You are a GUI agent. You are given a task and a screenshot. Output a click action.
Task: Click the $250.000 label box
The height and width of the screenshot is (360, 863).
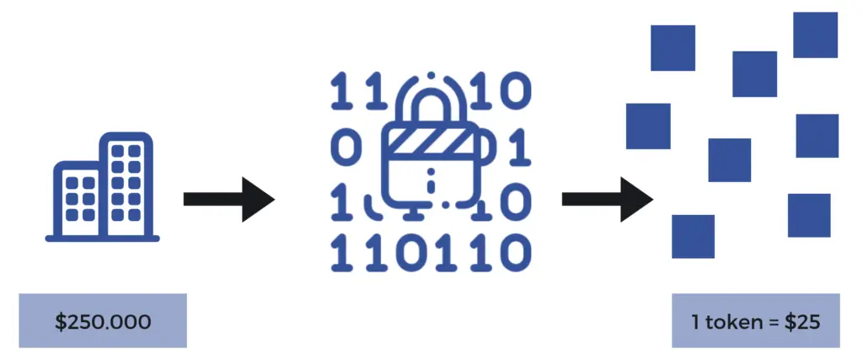pyautogui.click(x=103, y=320)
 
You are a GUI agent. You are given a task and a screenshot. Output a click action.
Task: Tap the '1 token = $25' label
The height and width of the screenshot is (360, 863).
pyautogui.click(x=756, y=320)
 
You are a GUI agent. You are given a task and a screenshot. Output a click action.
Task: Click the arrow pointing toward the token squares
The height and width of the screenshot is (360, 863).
pyautogui.click(x=608, y=200)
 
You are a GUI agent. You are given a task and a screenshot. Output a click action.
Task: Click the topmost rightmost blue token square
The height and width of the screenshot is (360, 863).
pyautogui.click(x=815, y=35)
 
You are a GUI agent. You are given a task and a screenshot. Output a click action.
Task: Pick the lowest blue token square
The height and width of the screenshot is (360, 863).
pyautogui.click(x=693, y=236)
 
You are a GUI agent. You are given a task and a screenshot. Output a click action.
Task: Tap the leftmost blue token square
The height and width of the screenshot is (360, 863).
pyautogui.click(x=648, y=126)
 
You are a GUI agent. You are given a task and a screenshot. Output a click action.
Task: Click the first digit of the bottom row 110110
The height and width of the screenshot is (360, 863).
pyautogui.click(x=340, y=250)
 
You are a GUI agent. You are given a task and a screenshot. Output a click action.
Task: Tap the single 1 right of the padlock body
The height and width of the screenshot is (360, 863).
pyautogui.click(x=521, y=148)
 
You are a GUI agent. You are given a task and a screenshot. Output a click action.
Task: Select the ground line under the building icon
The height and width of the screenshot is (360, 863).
pyautogui.click(x=102, y=239)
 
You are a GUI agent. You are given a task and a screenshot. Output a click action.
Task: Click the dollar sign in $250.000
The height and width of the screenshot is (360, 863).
pyautogui.click(x=60, y=321)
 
